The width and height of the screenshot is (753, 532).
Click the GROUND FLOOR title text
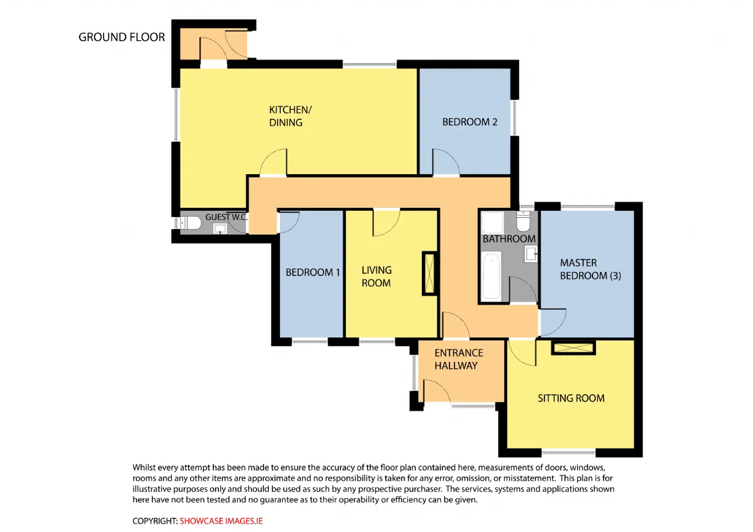coord(122,37)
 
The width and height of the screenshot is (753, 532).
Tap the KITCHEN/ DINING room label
coord(291,116)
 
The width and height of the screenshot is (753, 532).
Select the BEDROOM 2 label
coord(469,122)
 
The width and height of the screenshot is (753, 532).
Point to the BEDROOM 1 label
coord(312,272)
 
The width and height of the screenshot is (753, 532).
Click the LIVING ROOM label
coord(376,277)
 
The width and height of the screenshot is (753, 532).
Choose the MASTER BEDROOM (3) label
coord(590,269)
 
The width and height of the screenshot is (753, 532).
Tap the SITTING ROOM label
coord(571,398)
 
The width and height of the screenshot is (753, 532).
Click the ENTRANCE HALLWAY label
coord(458,359)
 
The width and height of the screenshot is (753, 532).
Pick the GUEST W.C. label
coord(226,217)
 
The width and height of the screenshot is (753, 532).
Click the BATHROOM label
coord(509,239)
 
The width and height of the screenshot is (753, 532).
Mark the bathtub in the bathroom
coord(491,276)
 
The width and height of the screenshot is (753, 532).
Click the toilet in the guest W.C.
coord(189,222)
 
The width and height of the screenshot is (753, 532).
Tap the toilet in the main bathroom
coord(523,221)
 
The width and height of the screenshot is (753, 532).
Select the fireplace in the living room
coord(429,274)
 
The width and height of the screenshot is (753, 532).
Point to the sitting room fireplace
coord(574,348)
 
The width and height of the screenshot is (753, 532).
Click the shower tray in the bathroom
coord(492,222)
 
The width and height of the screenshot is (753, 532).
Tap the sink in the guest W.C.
coord(220,229)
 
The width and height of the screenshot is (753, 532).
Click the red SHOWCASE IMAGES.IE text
coord(221,521)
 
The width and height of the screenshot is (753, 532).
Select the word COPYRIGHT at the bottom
coord(155,521)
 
